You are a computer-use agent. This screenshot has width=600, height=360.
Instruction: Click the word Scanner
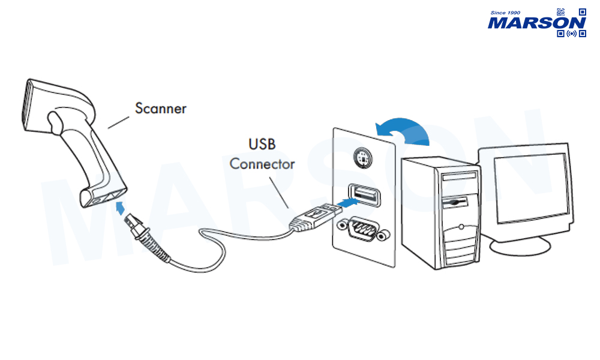point(160,109)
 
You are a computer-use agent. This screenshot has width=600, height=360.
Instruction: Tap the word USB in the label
point(262,145)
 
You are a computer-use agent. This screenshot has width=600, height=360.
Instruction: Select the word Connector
point(262,163)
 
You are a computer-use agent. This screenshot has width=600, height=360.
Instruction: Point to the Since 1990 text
point(505,13)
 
